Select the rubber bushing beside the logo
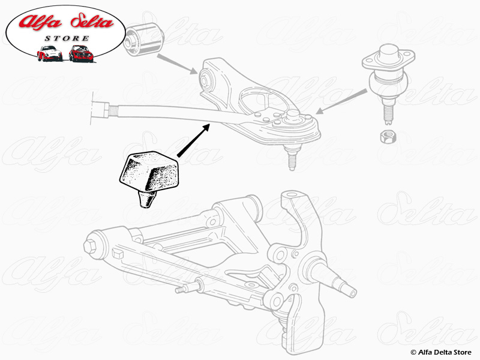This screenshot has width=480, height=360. (x=144, y=37)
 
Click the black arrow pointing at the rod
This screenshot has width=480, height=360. (x=193, y=139)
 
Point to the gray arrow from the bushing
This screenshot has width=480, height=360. (x=178, y=64)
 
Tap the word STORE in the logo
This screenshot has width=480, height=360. (x=68, y=38)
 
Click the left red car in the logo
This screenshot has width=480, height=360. (x=49, y=53)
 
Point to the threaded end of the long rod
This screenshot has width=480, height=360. (x=103, y=109)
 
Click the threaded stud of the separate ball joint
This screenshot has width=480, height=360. (x=385, y=108)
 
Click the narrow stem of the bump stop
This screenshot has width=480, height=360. (x=145, y=199)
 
